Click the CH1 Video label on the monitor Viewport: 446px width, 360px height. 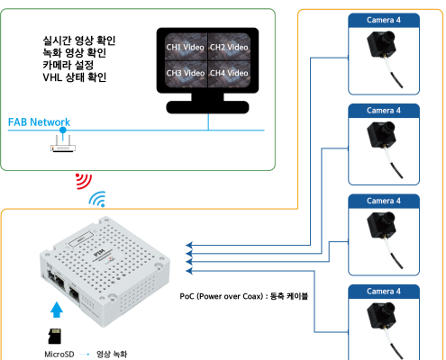click(185, 48)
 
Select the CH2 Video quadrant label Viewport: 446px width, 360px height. click(229, 48)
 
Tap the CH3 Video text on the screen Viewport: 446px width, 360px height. click(185, 73)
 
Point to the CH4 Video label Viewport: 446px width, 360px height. click(229, 73)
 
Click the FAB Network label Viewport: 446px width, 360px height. click(39, 122)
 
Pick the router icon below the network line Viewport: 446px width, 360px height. click(63, 144)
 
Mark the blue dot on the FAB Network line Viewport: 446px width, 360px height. click(63, 130)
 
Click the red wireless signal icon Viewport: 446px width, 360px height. click(83, 181)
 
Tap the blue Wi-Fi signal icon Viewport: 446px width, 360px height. click(97, 199)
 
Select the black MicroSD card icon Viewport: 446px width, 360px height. click(55, 336)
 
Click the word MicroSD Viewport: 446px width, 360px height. click(59, 355)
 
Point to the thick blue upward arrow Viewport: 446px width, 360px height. click(57, 310)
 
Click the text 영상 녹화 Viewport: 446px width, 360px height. click(112, 355)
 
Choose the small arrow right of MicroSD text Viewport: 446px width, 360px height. click(85, 355)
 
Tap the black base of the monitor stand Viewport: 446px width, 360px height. click(207, 107)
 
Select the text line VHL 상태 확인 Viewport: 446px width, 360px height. click(75, 77)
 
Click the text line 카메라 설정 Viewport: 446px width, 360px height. click(68, 65)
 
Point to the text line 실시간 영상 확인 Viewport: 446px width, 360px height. click(79, 40)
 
